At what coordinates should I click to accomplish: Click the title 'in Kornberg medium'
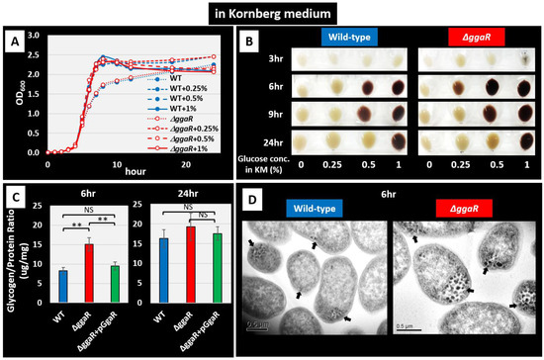(x=272, y=15)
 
